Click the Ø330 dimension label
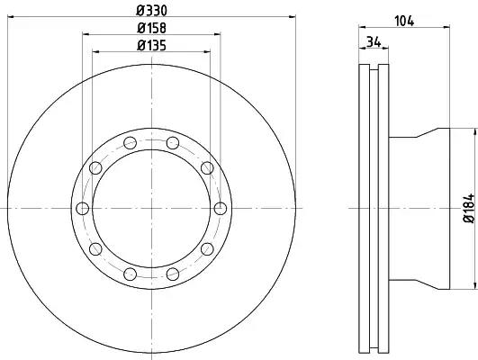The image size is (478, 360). pos(151,11)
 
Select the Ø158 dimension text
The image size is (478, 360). pos(151,28)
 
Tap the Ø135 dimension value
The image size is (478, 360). pos(151,46)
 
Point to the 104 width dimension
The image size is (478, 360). pos(404,21)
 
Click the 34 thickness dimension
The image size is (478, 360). pos(374,41)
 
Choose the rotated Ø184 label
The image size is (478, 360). pos(470,208)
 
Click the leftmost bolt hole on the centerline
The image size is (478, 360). pos(82,209)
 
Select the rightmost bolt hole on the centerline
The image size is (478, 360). pos(221,209)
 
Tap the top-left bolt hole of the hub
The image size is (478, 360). pos(131,143)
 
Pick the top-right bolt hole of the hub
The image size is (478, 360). pos(173,143)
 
